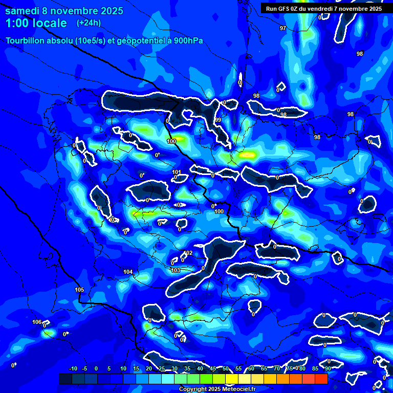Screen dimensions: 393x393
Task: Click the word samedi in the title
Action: point(24,11)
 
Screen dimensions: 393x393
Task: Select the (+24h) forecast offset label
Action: point(89,23)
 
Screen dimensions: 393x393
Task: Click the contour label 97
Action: point(283,28)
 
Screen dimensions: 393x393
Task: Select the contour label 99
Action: point(218,120)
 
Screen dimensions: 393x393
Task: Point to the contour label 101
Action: point(177,172)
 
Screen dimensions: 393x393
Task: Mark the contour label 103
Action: point(176,270)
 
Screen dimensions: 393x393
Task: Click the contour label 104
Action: point(128,272)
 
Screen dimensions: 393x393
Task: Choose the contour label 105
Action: point(79,290)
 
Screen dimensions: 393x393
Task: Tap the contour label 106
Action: point(37,322)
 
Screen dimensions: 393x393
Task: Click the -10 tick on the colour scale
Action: point(73,368)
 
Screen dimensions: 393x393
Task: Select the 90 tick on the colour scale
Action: point(327,368)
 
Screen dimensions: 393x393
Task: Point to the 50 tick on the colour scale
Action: point(225,368)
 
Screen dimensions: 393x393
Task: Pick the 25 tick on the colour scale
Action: point(162,368)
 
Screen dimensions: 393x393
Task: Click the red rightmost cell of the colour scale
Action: point(321,379)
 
